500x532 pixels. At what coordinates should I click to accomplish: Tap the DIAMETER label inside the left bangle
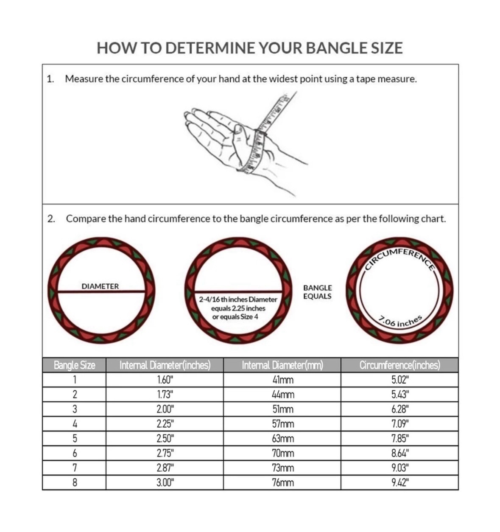tap(100, 286)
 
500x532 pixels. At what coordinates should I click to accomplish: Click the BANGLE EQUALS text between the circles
tap(317, 292)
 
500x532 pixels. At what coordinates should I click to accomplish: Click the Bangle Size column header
tap(74, 365)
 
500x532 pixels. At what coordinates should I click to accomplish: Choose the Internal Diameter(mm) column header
tap(282, 365)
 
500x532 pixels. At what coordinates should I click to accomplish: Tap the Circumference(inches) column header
tap(399, 365)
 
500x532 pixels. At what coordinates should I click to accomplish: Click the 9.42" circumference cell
tap(400, 483)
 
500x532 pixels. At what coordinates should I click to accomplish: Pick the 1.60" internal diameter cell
tap(165, 380)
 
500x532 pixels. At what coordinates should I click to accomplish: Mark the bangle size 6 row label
tap(75, 454)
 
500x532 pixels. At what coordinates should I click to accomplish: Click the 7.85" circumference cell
tap(400, 439)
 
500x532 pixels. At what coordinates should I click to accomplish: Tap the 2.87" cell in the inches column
tap(165, 468)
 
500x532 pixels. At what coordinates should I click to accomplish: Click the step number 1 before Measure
tap(50, 79)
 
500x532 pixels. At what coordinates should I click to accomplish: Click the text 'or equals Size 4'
tap(235, 317)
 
